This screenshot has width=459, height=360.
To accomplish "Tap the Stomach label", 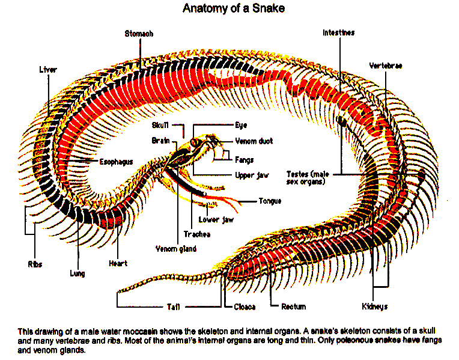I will tap(139, 34).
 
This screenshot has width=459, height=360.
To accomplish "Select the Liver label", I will tap(47, 70).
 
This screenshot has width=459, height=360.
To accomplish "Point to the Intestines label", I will tap(338, 32).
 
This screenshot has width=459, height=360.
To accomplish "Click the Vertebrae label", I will tap(385, 65).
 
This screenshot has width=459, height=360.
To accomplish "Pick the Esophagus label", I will tap(116, 162).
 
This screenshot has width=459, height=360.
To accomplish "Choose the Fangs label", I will tap(244, 160).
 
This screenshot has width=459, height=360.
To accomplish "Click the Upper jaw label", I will tap(251, 175).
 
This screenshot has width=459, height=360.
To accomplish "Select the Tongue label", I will tap(270, 201).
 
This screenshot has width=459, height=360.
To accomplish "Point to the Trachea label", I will tap(192, 234).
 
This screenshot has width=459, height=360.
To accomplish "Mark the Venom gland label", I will tap(175, 248).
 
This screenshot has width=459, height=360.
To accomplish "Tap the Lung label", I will tap(77, 273).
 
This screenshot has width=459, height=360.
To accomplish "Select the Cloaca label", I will tap(245, 307).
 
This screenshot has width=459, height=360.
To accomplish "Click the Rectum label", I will tap(294, 307).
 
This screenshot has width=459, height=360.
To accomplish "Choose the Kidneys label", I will tap(374, 307).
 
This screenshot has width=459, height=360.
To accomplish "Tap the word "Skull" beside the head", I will tap(160, 126).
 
